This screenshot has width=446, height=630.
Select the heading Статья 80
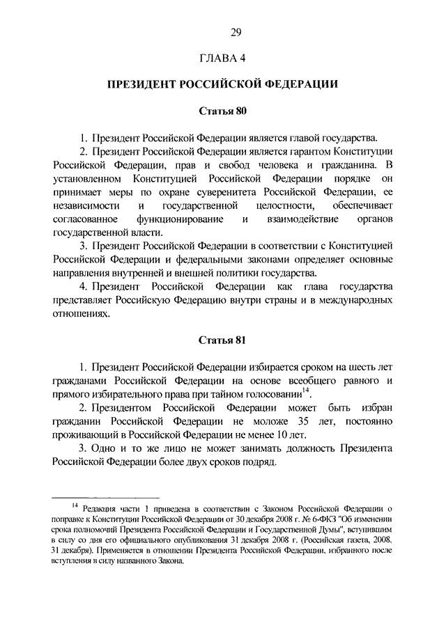[x=223, y=111]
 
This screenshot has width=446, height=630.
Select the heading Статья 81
[x=223, y=341]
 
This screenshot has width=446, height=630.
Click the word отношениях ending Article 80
[x=81, y=314]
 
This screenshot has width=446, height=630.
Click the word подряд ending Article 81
[x=255, y=463]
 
